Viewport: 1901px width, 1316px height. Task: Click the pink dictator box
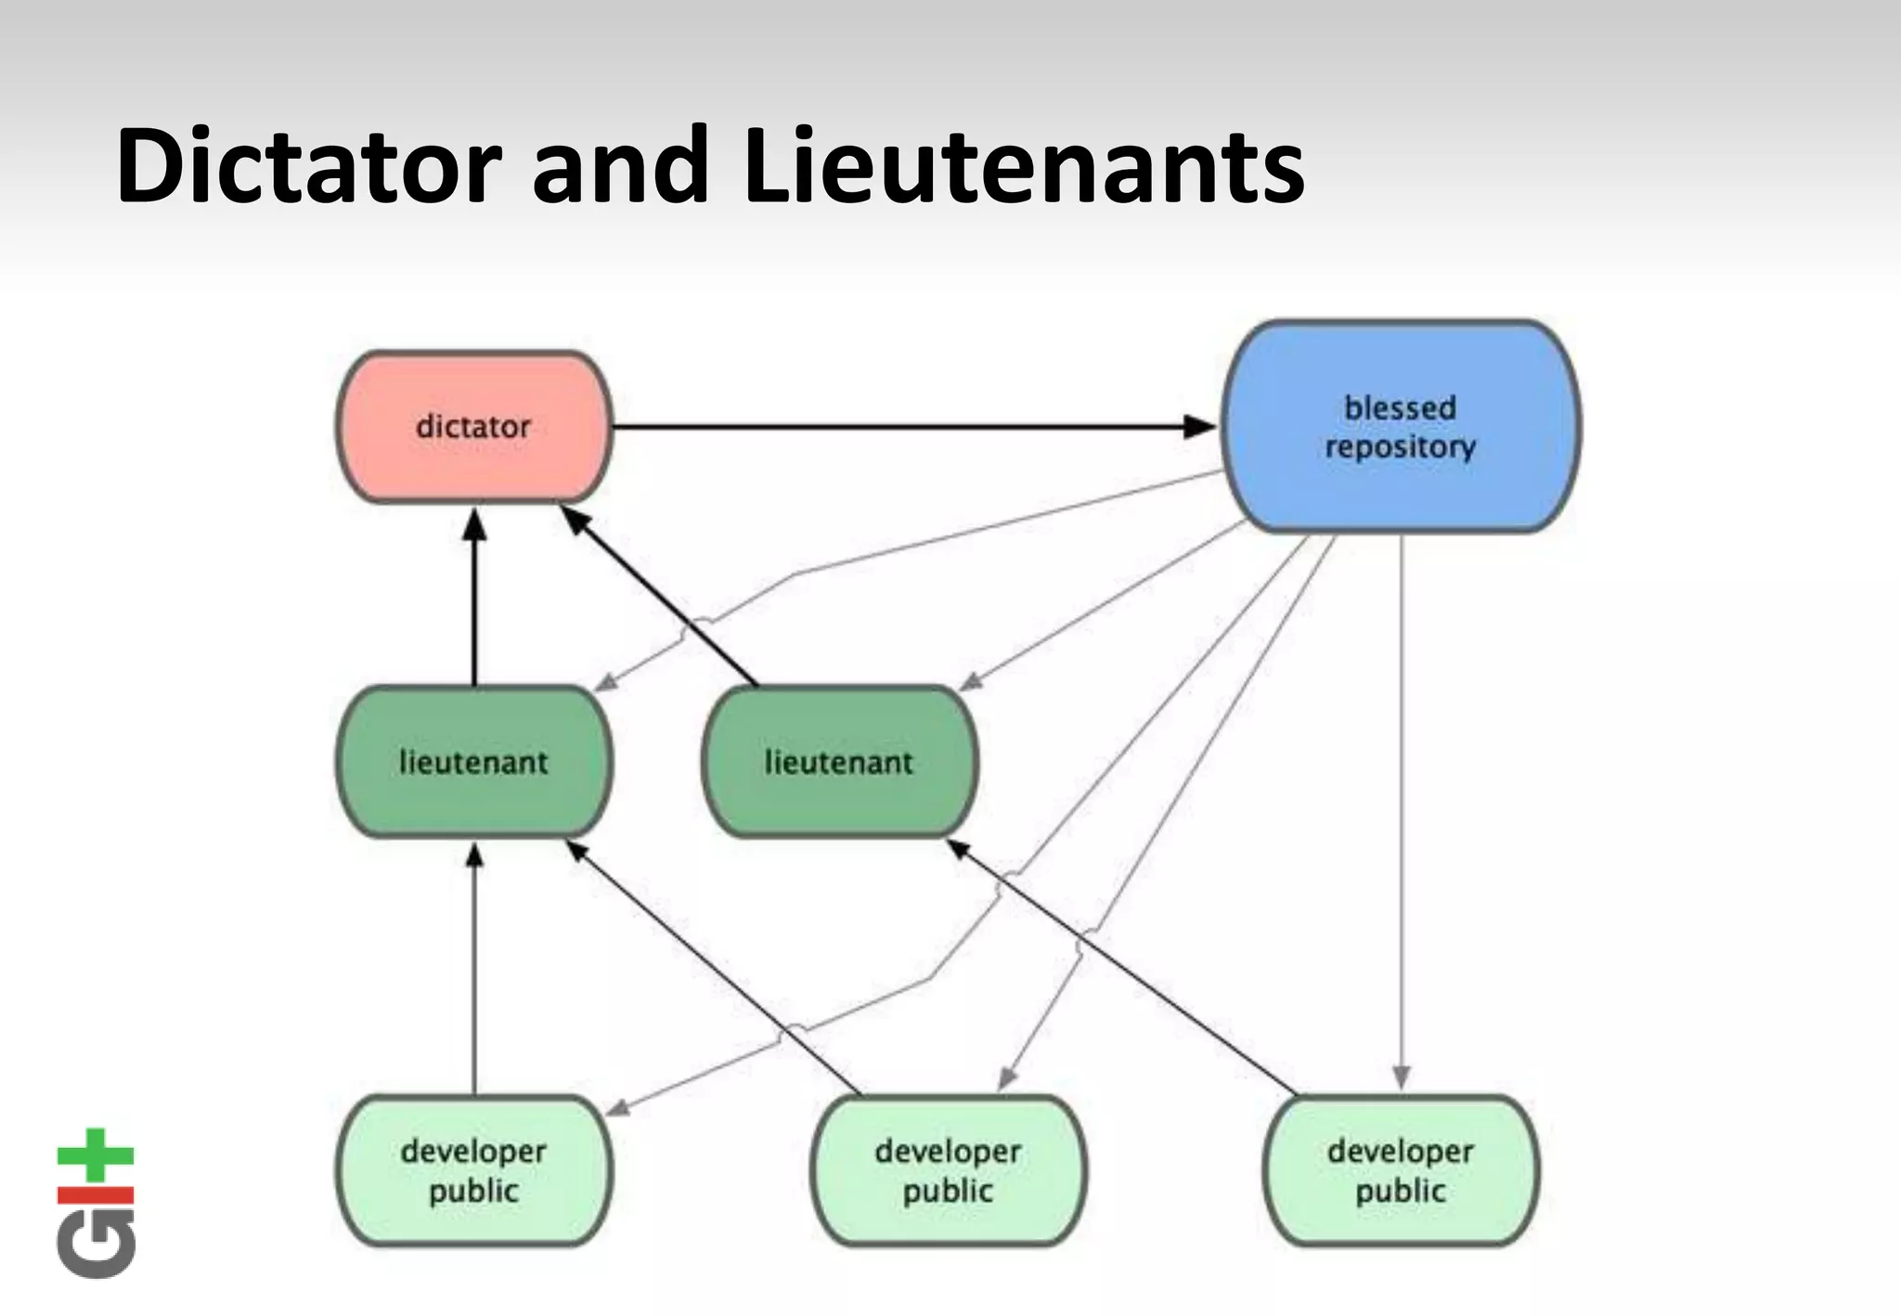tap(473, 427)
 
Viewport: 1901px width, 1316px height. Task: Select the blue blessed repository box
tap(1400, 427)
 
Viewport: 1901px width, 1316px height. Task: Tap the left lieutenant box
tap(473, 762)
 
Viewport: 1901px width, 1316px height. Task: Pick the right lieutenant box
tap(838, 762)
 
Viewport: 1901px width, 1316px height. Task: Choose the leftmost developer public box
tap(473, 1170)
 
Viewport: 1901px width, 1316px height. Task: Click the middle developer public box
tap(948, 1170)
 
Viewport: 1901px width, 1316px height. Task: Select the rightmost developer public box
tap(1400, 1170)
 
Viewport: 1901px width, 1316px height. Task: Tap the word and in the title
tap(619, 167)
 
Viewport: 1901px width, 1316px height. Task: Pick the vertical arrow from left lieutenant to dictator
tap(474, 603)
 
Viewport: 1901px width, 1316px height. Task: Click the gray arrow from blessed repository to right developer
tap(1402, 807)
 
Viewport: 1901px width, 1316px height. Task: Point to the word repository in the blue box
tap(1400, 447)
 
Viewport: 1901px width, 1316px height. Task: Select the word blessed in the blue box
tap(1400, 407)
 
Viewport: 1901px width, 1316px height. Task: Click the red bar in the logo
tap(96, 1194)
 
